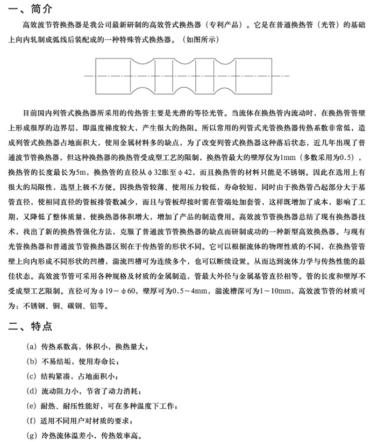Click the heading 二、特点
[x=29, y=326]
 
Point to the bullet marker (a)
[x=32, y=347]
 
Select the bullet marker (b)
[x=32, y=361]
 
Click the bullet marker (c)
[x=32, y=376]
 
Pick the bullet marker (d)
[x=32, y=391]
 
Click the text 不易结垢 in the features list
[x=56, y=361]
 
